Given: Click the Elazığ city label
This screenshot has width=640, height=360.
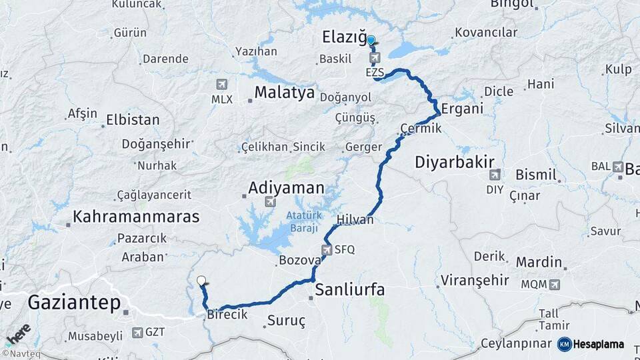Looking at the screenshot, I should point(341,37).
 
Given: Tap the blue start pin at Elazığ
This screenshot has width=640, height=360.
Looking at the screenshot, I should point(371,41).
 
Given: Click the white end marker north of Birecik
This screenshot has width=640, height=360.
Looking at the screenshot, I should point(201,281).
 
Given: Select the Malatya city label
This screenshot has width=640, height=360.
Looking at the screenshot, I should point(283,93).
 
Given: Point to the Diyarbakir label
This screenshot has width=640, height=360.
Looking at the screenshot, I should point(454,162).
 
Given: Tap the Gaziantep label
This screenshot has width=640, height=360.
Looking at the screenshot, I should point(74,303).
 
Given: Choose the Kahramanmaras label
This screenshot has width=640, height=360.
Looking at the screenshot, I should point(136,217).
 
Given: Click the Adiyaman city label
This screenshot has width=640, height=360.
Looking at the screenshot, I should point(286,189).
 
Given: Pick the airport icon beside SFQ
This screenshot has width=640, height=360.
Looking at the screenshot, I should point(326,251).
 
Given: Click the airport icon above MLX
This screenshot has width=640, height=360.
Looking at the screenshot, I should point(222,85).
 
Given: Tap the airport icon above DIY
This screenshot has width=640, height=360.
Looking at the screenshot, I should point(494,175).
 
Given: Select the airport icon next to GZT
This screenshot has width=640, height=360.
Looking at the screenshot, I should point(137,332).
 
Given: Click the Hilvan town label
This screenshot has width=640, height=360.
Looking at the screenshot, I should point(355,219).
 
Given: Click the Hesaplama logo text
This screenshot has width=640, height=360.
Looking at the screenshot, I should point(599,345).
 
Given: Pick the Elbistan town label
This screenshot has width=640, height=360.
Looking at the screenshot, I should point(133,121).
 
